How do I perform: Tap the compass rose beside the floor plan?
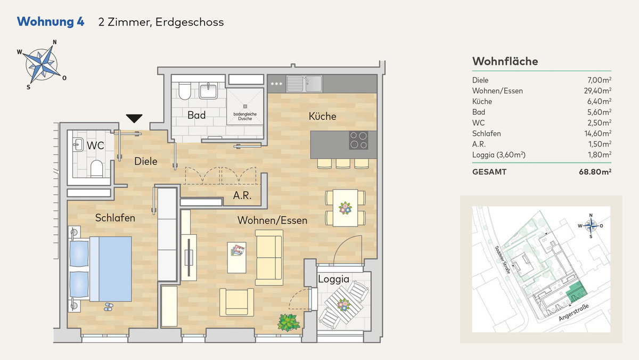[42, 64]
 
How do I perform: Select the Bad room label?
[196, 114]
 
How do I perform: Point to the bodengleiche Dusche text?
[245, 116]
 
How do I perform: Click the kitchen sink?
[304, 84]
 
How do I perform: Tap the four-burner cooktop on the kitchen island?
[358, 140]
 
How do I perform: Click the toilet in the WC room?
[96, 168]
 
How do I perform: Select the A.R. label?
[242, 196]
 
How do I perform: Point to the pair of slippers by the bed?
[108, 307]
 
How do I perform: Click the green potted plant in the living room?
[288, 322]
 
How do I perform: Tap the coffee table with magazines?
[237, 258]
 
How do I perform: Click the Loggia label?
[333, 279]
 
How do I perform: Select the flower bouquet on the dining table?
[345, 208]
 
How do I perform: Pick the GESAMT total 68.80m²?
[595, 172]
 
